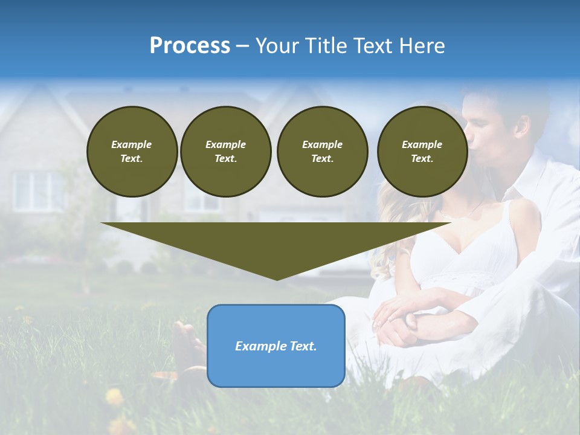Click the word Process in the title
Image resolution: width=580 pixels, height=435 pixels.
[190, 46]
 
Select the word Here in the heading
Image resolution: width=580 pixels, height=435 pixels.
[421, 46]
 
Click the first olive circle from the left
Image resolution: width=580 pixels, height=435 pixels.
[132, 152]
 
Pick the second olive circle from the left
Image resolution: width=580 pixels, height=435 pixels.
[225, 152]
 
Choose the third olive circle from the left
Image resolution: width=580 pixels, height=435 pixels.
[322, 152]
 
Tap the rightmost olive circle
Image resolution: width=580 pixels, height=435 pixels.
[422, 152]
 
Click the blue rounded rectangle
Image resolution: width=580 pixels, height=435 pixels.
[276, 346]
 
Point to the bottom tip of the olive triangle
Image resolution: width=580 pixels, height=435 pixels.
[277, 279]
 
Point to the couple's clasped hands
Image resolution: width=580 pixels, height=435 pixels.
[402, 320]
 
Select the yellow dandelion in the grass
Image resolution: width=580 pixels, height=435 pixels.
[114, 397]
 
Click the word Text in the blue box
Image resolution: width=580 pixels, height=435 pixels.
[301, 346]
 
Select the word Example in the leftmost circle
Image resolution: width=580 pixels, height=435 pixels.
[132, 144]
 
